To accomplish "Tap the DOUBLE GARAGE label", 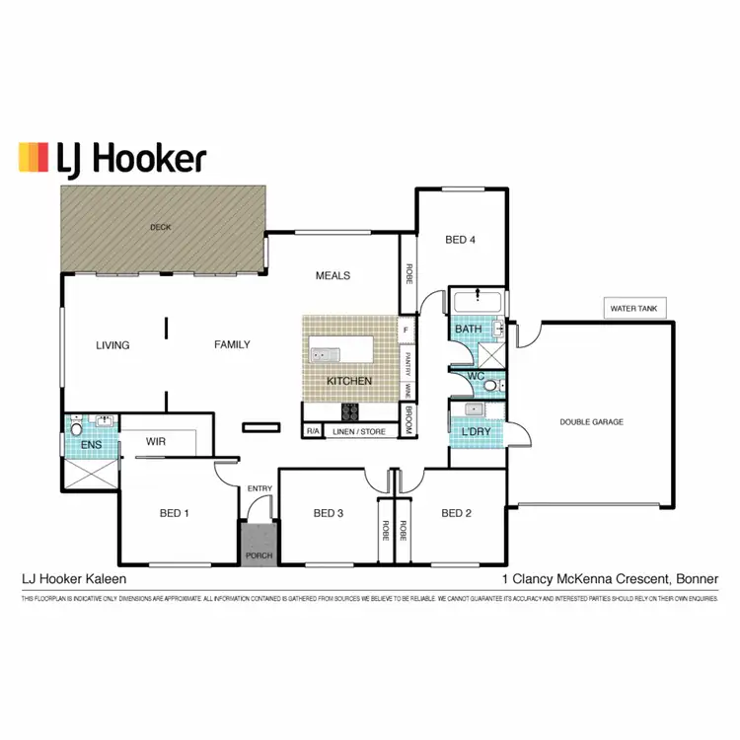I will [x=591, y=421].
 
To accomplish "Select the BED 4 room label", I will [x=460, y=239].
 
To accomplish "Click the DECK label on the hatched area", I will [x=160, y=227].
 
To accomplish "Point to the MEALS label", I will [x=333, y=275].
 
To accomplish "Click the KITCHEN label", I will [x=349, y=380].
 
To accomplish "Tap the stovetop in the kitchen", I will [x=350, y=411].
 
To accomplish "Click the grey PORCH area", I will [x=258, y=546].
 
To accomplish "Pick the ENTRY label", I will [x=259, y=488].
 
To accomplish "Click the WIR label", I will [x=155, y=442].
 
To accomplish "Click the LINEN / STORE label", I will [x=360, y=430].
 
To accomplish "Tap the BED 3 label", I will [x=328, y=512].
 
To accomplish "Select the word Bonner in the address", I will [x=697, y=579].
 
